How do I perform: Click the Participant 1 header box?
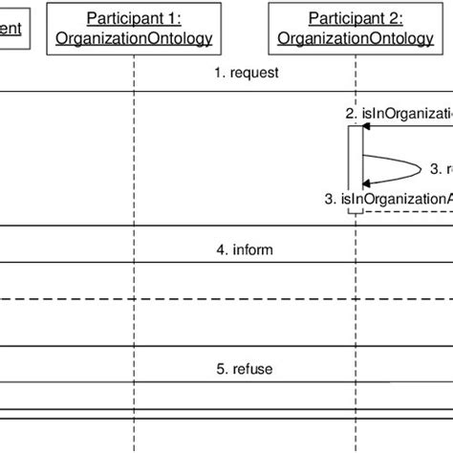pyautogui.click(x=134, y=28)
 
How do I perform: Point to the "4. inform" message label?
pyautogui.click(x=245, y=250)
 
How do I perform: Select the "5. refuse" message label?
pyautogui.click(x=245, y=369)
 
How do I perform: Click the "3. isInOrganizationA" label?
pyautogui.click(x=387, y=198)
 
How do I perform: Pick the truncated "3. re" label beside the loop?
pyautogui.click(x=441, y=169)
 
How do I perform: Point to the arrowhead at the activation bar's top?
pyautogui.click(x=364, y=126)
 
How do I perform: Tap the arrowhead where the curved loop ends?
pyautogui.click(x=364, y=183)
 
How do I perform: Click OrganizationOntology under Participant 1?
pyautogui.click(x=134, y=38)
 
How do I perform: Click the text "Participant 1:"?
pyautogui.click(x=134, y=18)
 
